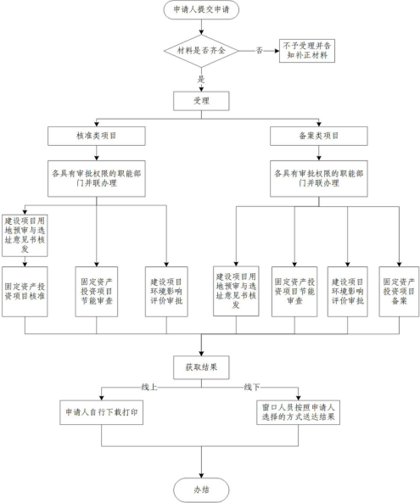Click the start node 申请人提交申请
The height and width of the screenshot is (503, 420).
click(x=201, y=9)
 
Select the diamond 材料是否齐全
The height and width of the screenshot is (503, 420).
click(x=201, y=51)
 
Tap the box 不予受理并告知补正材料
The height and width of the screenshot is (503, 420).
click(x=307, y=51)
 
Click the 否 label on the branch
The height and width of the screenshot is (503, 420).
click(x=260, y=50)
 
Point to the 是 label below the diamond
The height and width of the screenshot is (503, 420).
click(x=201, y=79)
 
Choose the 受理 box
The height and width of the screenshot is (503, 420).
click(x=201, y=101)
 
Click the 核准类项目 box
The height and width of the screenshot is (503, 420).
click(x=97, y=136)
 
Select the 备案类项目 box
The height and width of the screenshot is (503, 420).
click(x=319, y=136)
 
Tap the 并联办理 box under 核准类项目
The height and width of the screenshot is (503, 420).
click(x=97, y=179)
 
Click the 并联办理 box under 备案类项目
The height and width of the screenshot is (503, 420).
click(x=319, y=179)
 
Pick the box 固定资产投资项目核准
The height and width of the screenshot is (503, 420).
click(x=25, y=292)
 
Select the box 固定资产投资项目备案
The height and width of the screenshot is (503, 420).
click(x=399, y=292)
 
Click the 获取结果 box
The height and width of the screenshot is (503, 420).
click(x=201, y=367)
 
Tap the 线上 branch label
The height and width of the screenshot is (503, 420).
click(x=149, y=387)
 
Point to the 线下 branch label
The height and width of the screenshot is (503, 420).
click(x=252, y=387)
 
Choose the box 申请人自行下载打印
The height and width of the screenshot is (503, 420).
click(x=101, y=412)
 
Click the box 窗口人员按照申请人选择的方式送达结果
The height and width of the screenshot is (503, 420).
click(x=298, y=412)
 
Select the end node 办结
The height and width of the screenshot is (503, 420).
click(x=201, y=489)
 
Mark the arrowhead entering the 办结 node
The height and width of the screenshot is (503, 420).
click(x=201, y=475)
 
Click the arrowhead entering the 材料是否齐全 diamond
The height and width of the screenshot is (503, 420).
click(x=201, y=32)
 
